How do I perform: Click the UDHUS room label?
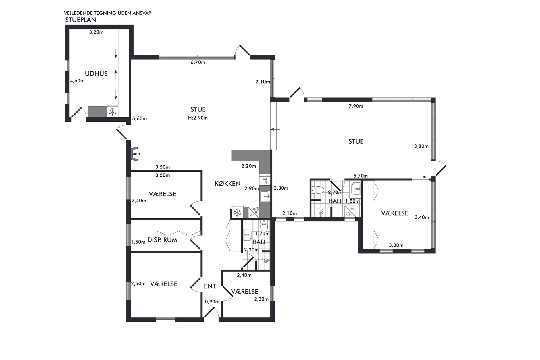(96, 74)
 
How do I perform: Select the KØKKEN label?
(228, 184)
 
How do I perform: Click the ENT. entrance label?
(210, 286)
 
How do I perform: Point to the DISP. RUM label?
(162, 240)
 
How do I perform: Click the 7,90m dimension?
(356, 106)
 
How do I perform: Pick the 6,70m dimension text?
(198, 63)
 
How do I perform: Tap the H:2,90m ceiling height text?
(198, 118)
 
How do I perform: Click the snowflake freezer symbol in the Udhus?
(113, 112)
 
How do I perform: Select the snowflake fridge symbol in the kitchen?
(237, 212)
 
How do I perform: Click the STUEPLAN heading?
(81, 20)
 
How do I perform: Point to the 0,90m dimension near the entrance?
(212, 302)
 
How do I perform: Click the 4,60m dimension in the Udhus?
(78, 81)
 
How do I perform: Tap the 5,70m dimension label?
(360, 176)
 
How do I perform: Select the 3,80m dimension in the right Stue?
(421, 146)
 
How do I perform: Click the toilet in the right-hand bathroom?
(317, 190)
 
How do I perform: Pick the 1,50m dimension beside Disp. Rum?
(138, 242)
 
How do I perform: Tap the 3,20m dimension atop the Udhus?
(96, 32)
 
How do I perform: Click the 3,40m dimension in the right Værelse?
(422, 217)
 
